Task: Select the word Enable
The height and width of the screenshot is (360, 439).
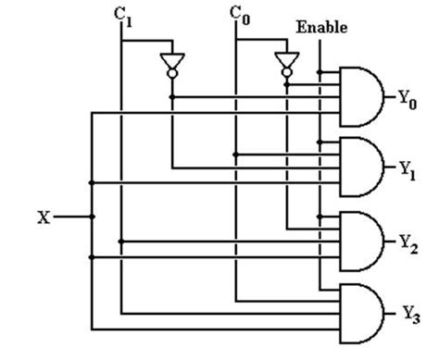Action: [320, 28]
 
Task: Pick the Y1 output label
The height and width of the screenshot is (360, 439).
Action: [407, 168]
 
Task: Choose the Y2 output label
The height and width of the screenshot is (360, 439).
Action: [408, 241]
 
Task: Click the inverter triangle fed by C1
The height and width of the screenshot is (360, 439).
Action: [171, 62]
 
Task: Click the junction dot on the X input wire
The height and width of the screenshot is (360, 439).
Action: [91, 217]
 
